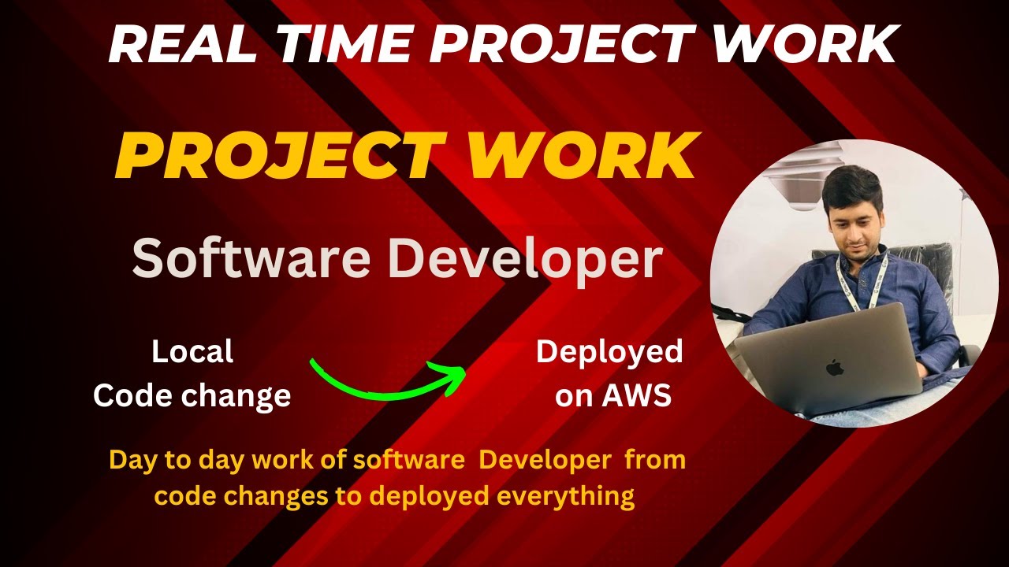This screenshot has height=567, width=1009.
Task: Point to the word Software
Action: (x=252, y=259)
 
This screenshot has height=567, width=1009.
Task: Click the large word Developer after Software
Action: (x=526, y=261)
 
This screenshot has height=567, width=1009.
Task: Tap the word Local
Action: (x=192, y=352)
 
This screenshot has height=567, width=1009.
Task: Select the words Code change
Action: (x=192, y=395)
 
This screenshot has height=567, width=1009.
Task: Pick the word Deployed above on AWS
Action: (x=609, y=351)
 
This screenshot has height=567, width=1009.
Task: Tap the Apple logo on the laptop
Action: (x=834, y=367)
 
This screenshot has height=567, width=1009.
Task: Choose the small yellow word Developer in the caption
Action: (x=545, y=461)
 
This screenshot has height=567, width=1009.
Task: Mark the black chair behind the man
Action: (x=930, y=268)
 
